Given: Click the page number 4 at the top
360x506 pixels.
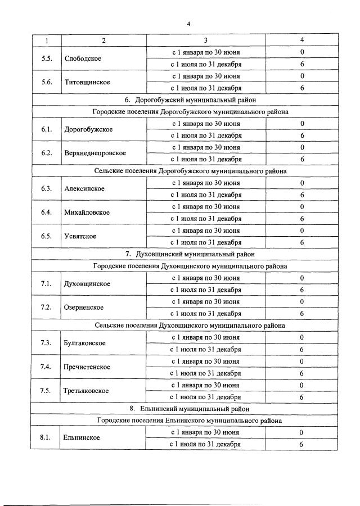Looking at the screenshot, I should pos(189,24).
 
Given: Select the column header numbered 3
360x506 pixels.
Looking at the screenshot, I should pos(206,40).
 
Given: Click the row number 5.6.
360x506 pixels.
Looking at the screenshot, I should pos(47,82).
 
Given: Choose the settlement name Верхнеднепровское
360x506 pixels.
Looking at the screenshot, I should pos(95,153).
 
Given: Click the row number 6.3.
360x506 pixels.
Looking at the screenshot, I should pos(47,188).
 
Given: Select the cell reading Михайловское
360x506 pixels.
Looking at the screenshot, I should pos(87,213).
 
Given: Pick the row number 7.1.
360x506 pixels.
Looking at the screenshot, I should pos(47,283).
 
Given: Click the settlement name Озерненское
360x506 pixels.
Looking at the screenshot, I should pos(84,308).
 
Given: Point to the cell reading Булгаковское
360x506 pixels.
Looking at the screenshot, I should pos(85,343).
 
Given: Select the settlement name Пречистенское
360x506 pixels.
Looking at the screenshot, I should pos(88,367).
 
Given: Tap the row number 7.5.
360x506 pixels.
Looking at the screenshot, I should pos(47,391).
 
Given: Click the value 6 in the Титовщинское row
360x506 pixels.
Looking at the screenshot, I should pos(302,88).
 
